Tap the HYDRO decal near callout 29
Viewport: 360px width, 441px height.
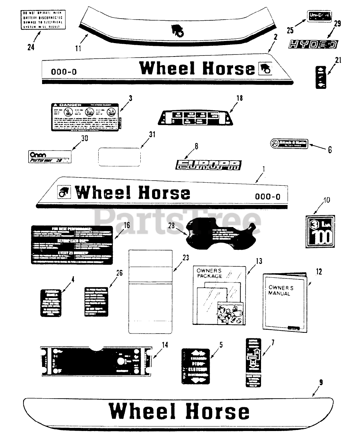(x=313, y=44)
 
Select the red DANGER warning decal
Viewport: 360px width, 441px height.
(x=86, y=117)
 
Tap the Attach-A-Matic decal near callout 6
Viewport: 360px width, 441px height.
(x=289, y=143)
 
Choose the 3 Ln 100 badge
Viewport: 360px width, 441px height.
(x=320, y=232)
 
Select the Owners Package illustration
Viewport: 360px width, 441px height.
(x=220, y=295)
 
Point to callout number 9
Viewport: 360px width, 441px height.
(x=321, y=382)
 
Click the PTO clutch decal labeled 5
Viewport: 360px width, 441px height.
(x=196, y=366)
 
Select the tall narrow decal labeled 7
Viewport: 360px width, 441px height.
(x=253, y=362)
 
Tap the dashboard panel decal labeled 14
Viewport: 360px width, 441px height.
(x=96, y=361)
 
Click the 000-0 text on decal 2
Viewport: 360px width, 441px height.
(x=64, y=72)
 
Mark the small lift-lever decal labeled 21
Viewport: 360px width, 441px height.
(x=321, y=78)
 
